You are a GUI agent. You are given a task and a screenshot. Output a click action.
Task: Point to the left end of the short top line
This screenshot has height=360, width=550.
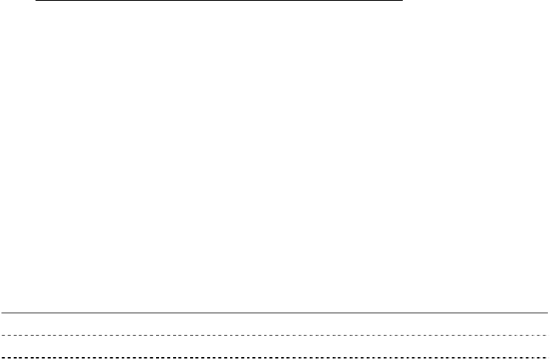point(36,1)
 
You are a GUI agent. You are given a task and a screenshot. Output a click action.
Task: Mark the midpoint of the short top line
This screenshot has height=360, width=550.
point(219,1)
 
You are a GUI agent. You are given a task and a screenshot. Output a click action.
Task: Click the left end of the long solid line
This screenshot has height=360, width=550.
point(1,313)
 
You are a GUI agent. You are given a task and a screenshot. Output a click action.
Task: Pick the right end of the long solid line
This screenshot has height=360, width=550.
point(548,313)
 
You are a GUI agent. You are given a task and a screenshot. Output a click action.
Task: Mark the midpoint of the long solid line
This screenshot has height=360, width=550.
point(275,313)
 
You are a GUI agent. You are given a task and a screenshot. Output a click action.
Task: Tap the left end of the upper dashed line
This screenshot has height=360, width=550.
point(1,336)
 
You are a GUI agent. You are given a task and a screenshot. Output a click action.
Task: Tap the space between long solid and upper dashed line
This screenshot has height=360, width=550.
point(275,324)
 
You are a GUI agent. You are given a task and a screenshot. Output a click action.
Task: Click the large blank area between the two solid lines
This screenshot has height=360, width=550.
point(275,156)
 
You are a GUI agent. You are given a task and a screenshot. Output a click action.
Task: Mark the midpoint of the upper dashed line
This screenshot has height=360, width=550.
point(275,336)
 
